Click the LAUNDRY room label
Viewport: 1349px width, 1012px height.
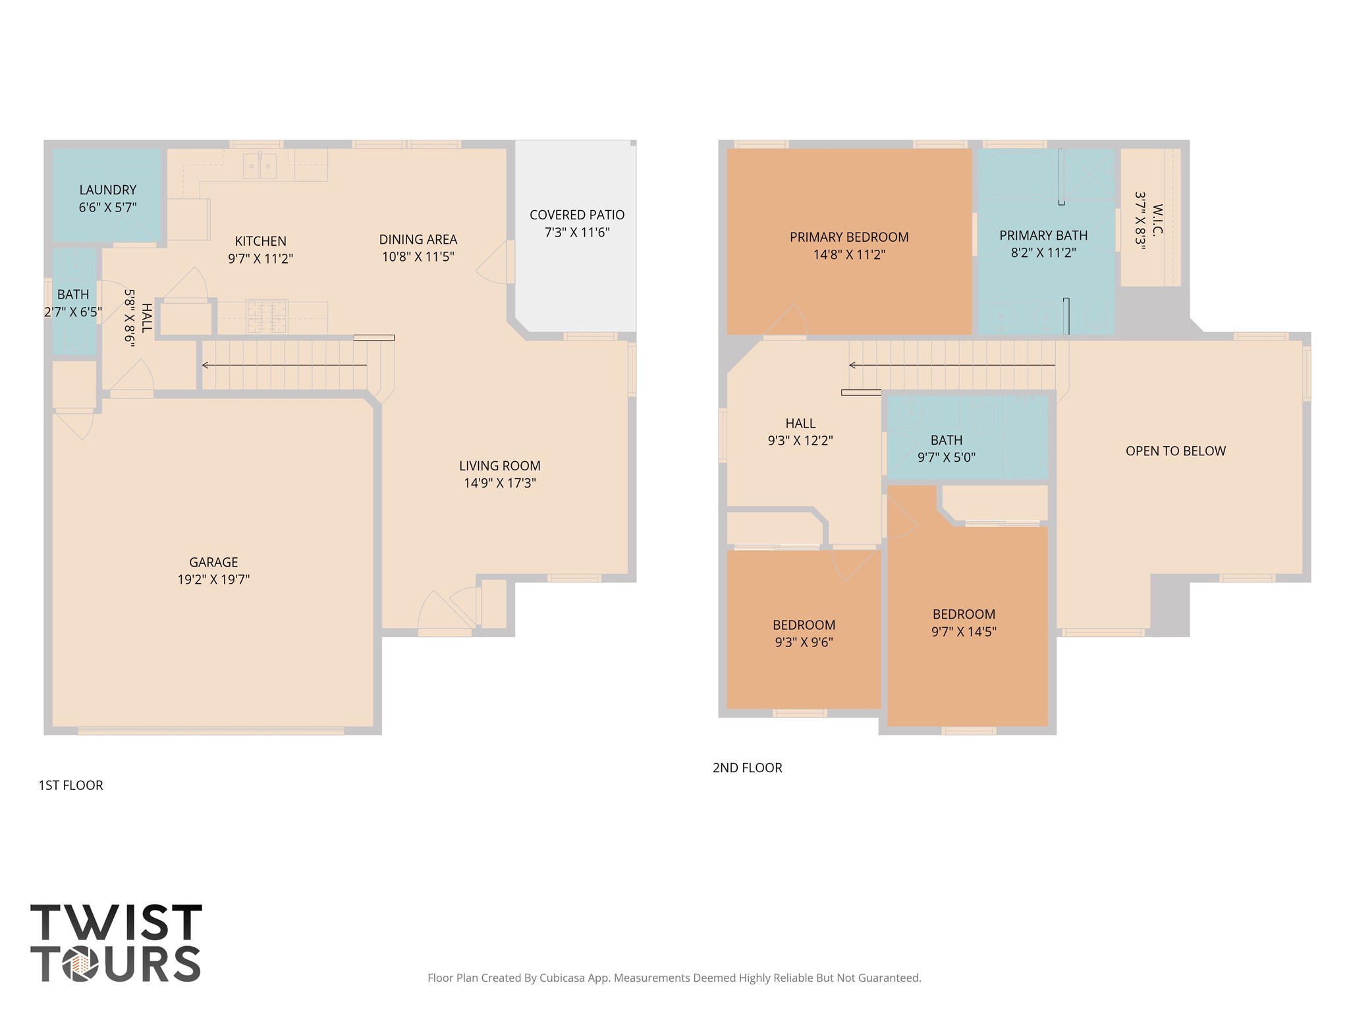click(108, 190)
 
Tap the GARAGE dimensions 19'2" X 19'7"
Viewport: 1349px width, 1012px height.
click(213, 579)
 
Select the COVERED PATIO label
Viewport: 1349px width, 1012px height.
click(577, 215)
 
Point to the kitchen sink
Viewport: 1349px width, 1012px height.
click(260, 165)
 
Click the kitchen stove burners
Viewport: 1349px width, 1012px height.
click(267, 317)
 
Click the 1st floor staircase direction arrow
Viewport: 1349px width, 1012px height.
click(285, 365)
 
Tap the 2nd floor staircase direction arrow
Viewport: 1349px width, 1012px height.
click(952, 365)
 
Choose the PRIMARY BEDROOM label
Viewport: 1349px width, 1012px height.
click(849, 237)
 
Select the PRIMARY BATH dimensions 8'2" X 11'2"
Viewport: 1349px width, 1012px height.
click(1043, 252)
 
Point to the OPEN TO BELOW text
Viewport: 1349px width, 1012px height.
click(1176, 451)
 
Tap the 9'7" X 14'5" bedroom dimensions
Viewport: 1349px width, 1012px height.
click(964, 632)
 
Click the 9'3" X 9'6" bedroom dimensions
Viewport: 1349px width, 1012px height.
click(804, 642)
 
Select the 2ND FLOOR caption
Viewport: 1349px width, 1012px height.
click(748, 768)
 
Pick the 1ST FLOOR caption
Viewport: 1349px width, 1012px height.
click(71, 785)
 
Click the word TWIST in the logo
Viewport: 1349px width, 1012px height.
click(116, 922)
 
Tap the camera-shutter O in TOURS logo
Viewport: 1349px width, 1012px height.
click(81, 964)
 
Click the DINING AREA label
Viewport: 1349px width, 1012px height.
click(418, 240)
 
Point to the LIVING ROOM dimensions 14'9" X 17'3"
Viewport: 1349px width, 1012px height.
click(500, 483)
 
